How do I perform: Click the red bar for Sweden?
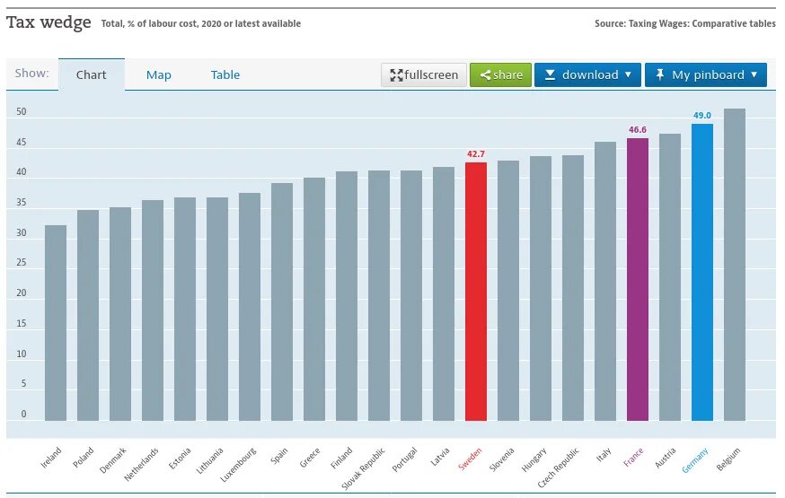[x=476, y=292]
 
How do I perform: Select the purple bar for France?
[x=638, y=279]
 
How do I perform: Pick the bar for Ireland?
[x=56, y=323]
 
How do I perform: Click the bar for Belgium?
[x=735, y=265]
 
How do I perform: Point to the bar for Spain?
[x=282, y=301]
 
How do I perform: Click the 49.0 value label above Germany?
[x=702, y=116]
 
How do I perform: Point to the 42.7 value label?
[x=476, y=154]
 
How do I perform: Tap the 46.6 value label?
[x=638, y=130]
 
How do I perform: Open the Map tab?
[x=159, y=75]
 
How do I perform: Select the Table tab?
[x=225, y=75]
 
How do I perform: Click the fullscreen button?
[x=423, y=75]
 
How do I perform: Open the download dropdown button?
[x=587, y=75]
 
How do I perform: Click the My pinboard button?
[x=705, y=75]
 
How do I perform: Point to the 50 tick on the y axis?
[x=22, y=113]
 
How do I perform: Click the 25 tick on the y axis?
[x=22, y=264]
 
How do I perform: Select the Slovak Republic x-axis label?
[x=364, y=469]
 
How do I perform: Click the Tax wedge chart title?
[x=49, y=22]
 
